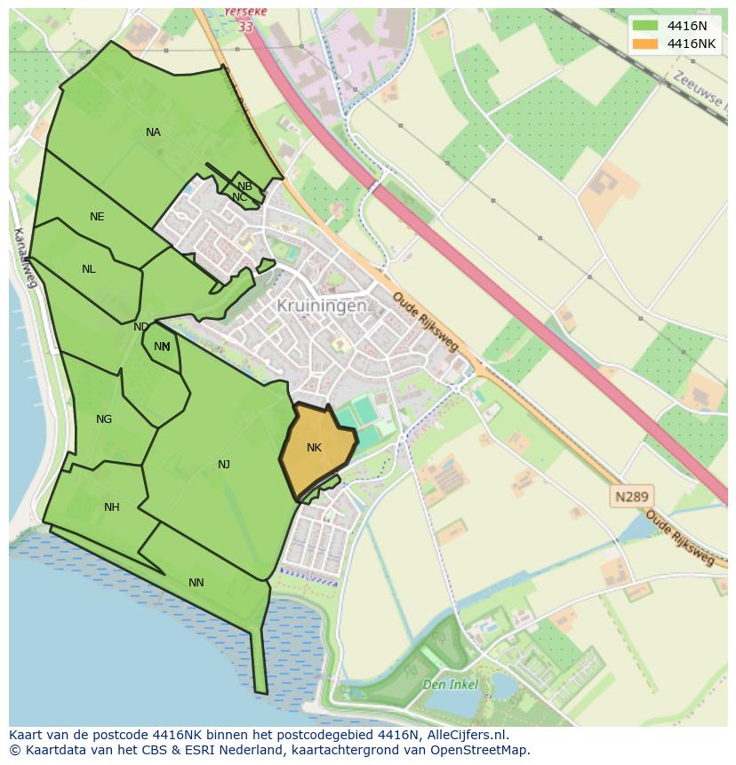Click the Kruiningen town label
[321, 306]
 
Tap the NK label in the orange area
[314, 448]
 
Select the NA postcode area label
[153, 132]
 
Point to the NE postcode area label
[97, 217]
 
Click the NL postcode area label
[88, 269]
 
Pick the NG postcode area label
[104, 419]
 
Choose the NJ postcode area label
[224, 465]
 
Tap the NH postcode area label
[111, 507]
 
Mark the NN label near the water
[196, 583]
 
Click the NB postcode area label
[244, 187]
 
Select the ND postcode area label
[140, 327]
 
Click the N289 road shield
[630, 497]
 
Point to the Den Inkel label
[450, 685]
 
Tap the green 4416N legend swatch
[645, 26]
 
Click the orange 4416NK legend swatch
[645, 44]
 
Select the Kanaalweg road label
[25, 258]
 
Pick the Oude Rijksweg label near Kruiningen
[424, 322]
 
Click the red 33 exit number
[245, 28]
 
